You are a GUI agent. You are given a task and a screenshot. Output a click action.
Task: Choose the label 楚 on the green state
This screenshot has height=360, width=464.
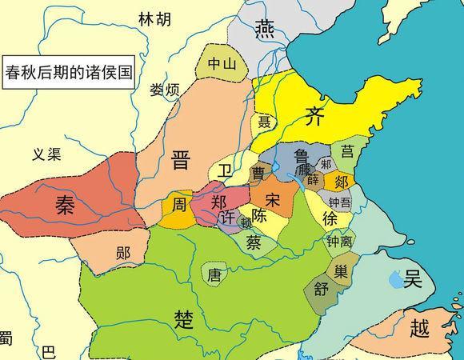coord(184,318)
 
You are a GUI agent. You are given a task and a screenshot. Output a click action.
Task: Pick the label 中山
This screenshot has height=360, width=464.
coord(222,65)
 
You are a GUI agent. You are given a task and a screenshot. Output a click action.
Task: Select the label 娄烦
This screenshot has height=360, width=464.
coord(167,90)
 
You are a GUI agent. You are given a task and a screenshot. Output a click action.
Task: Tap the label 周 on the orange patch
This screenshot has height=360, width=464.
coord(179,206)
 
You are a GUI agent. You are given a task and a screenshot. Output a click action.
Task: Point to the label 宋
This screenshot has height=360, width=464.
coord(273,198)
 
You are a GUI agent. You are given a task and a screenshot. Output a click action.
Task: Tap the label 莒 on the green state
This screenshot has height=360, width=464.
coord(348,150)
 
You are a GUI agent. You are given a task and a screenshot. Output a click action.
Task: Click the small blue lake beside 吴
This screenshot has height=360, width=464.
coord(394,280)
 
